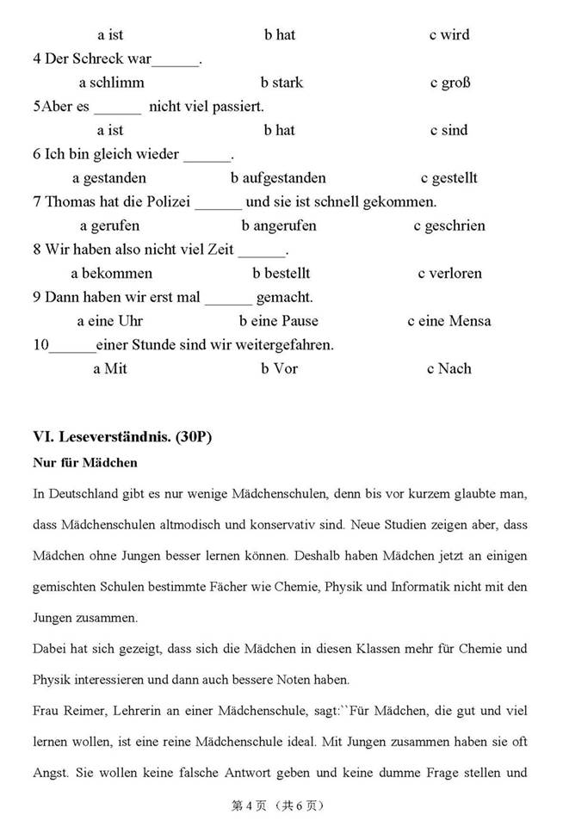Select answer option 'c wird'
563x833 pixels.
coord(449,35)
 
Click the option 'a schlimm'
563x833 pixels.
coord(111,83)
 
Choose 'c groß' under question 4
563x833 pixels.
coord(449,83)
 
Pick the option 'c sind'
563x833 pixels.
coord(449,130)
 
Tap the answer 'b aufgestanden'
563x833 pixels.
coord(278,178)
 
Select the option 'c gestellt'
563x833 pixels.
coord(449,178)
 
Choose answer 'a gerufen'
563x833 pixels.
coord(109,225)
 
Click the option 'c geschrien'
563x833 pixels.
coord(449,225)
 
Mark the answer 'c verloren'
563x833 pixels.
coord(449,273)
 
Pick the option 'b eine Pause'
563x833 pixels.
coord(278,321)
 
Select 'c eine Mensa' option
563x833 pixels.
coord(449,321)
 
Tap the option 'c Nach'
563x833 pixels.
coord(449,368)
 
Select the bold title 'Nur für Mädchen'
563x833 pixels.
coord(84,463)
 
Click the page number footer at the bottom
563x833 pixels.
coord(276,806)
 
